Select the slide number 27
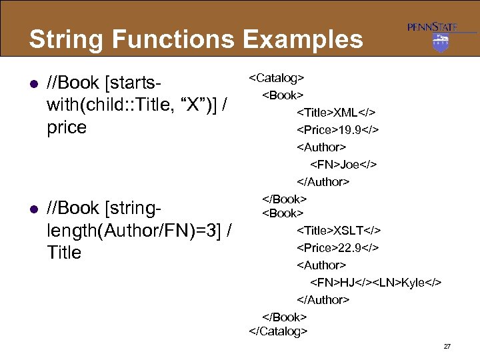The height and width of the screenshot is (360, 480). pos(447,347)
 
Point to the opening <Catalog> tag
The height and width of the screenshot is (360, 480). pos(277,78)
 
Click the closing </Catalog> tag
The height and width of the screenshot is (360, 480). pos(278,330)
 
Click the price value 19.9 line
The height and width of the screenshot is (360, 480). pos(337,129)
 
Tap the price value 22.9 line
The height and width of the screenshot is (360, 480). pos(337,248)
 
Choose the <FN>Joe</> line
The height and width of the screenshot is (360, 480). pos(343,164)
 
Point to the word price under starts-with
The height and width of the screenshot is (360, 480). pos(67,127)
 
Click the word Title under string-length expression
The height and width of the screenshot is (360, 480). pos(65,253)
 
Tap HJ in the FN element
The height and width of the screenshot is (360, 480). pos(348,283)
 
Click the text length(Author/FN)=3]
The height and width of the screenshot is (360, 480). pos(133,231)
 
